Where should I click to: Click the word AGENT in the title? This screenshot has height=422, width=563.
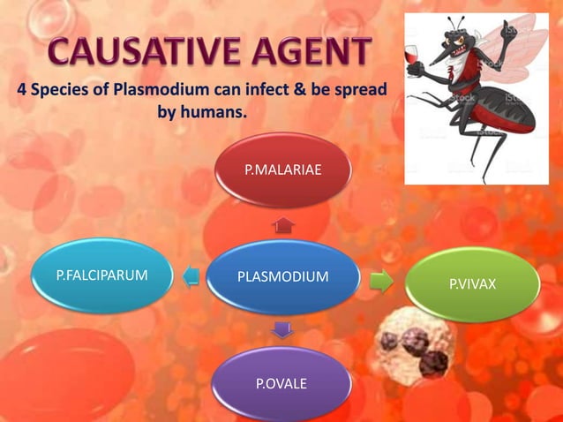tap(303, 53)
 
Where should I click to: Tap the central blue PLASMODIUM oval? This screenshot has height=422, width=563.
tap(282, 277)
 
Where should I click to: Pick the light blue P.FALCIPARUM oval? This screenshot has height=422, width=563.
tap(101, 276)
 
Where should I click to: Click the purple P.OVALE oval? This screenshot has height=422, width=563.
tap(281, 383)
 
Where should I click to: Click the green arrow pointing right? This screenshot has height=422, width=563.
tap(381, 281)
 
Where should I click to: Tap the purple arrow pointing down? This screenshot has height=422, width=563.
tap(281, 330)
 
